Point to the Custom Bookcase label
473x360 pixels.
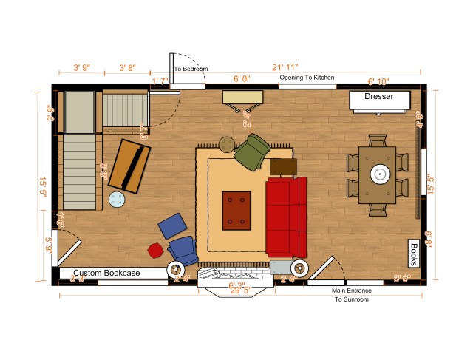(x=106, y=274)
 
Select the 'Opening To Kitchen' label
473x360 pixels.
(x=307, y=78)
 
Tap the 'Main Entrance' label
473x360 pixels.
(x=352, y=291)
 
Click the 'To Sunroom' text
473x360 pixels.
(x=352, y=300)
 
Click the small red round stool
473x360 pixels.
(x=155, y=250)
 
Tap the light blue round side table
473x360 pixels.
(x=117, y=199)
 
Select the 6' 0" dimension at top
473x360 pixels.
(x=242, y=78)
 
